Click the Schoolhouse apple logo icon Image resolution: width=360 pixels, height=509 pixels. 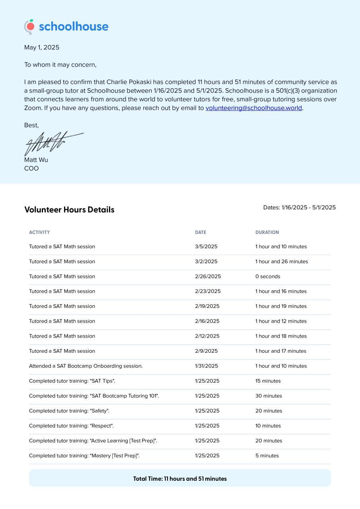[29, 27]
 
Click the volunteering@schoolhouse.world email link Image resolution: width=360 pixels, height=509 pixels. [253, 108]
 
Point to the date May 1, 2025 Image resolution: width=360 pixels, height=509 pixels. [42, 47]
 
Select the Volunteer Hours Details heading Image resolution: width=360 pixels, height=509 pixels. [69, 210]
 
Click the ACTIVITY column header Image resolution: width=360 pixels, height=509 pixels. [39, 232]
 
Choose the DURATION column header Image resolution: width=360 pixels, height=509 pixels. [267, 232]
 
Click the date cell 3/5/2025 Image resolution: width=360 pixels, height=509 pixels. [206, 247]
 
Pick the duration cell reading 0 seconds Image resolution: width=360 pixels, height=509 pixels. [268, 276]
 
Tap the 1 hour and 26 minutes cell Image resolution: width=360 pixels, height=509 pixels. [282, 262]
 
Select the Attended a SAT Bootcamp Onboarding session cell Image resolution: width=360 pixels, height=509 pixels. [86, 366]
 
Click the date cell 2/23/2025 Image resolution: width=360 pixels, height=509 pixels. [208, 291]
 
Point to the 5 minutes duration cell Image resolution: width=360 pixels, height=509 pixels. [267, 456]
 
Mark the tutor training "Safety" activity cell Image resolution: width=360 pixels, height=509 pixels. [69, 411]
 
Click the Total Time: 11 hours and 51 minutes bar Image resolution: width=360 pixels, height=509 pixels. [180, 478]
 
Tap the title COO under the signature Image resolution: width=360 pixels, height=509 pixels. [31, 169]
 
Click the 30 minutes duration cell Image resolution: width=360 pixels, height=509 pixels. [269, 396]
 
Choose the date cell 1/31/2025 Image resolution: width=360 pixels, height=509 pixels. [206, 366]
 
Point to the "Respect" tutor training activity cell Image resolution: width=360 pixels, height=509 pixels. [71, 426]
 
